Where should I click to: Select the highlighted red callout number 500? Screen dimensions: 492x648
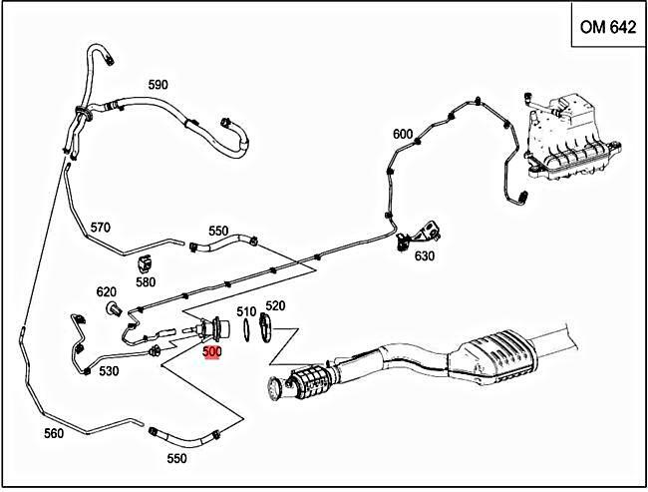[211, 352]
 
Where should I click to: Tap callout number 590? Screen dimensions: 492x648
[158, 85]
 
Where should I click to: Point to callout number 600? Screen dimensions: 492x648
[402, 135]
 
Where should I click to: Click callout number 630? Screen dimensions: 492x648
[425, 256]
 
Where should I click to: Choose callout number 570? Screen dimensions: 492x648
[101, 227]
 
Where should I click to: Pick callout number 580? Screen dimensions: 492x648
[146, 282]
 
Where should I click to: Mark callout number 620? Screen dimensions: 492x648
[107, 292]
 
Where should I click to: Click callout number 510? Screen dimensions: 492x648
[246, 309]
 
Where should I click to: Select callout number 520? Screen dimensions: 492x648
[275, 306]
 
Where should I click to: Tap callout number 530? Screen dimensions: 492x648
[109, 371]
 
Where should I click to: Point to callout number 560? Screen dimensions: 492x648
[54, 433]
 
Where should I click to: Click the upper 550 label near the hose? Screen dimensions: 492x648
[218, 231]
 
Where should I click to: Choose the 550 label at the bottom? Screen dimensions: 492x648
[175, 458]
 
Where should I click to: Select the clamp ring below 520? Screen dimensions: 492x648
[266, 327]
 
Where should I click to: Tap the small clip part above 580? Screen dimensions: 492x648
[146, 264]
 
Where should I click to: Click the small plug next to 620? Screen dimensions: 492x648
[113, 307]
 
